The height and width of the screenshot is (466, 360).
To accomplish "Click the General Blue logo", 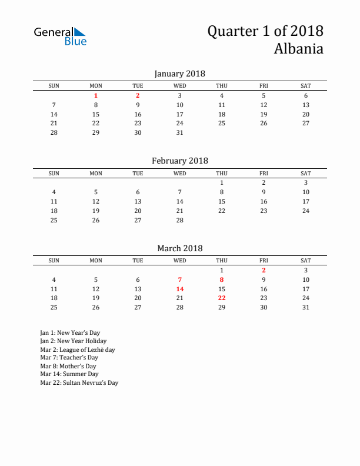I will [60, 36].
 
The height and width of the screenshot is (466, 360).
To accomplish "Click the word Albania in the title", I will [298, 49].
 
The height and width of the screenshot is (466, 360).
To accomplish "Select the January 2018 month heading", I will [179, 74].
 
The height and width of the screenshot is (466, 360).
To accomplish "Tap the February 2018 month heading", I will [179, 161].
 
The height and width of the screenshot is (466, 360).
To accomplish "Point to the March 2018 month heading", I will [179, 248].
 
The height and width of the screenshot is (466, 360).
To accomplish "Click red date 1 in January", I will [96, 95].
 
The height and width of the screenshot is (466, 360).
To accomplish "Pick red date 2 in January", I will [138, 95].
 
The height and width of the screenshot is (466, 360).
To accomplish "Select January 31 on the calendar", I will [180, 132].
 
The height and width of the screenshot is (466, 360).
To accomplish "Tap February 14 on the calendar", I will [180, 201].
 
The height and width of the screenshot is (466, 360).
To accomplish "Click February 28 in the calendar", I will [180, 220].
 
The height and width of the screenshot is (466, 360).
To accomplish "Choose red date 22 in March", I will [222, 298].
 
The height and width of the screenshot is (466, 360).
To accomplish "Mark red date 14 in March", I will [180, 289].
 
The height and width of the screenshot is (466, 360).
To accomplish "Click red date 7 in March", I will [180, 279].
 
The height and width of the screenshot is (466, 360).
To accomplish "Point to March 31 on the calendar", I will [306, 307].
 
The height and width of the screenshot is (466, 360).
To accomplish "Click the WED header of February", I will [180, 174].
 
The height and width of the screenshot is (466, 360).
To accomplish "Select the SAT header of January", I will [306, 86].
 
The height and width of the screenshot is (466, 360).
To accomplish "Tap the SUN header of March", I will [54, 261].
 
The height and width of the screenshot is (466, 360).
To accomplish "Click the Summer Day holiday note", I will [69, 374].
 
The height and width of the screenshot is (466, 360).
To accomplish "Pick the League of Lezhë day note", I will [77, 349].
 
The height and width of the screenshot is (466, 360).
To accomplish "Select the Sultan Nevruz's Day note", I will [79, 382].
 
